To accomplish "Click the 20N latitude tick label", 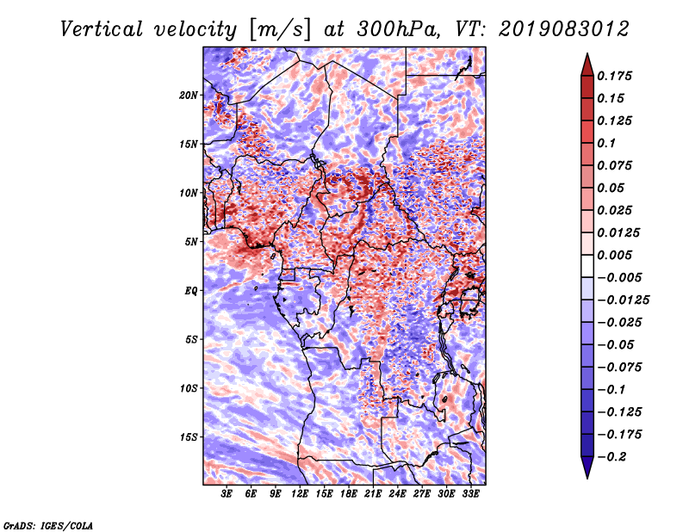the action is point(189,96).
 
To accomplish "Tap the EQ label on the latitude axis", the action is point(191,291).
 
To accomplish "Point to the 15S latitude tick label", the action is point(189,437).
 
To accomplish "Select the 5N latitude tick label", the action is point(191,242).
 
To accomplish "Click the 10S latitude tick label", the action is point(189,388).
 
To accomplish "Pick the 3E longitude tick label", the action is point(227,494).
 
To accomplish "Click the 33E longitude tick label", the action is point(470,494).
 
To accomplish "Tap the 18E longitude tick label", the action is point(349,494).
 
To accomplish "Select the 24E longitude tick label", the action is point(397,494).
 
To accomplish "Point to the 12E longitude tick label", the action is point(300,494).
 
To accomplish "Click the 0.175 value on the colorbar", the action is point(614,76).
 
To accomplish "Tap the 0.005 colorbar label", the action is point(614,255).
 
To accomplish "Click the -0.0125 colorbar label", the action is point(623,300).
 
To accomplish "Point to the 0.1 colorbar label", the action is point(606,143).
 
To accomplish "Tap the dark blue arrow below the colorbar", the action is point(587,466).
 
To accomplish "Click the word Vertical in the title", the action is point(102,29).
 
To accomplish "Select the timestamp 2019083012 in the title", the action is point(564,29).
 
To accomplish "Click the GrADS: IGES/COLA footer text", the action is point(48,526).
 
